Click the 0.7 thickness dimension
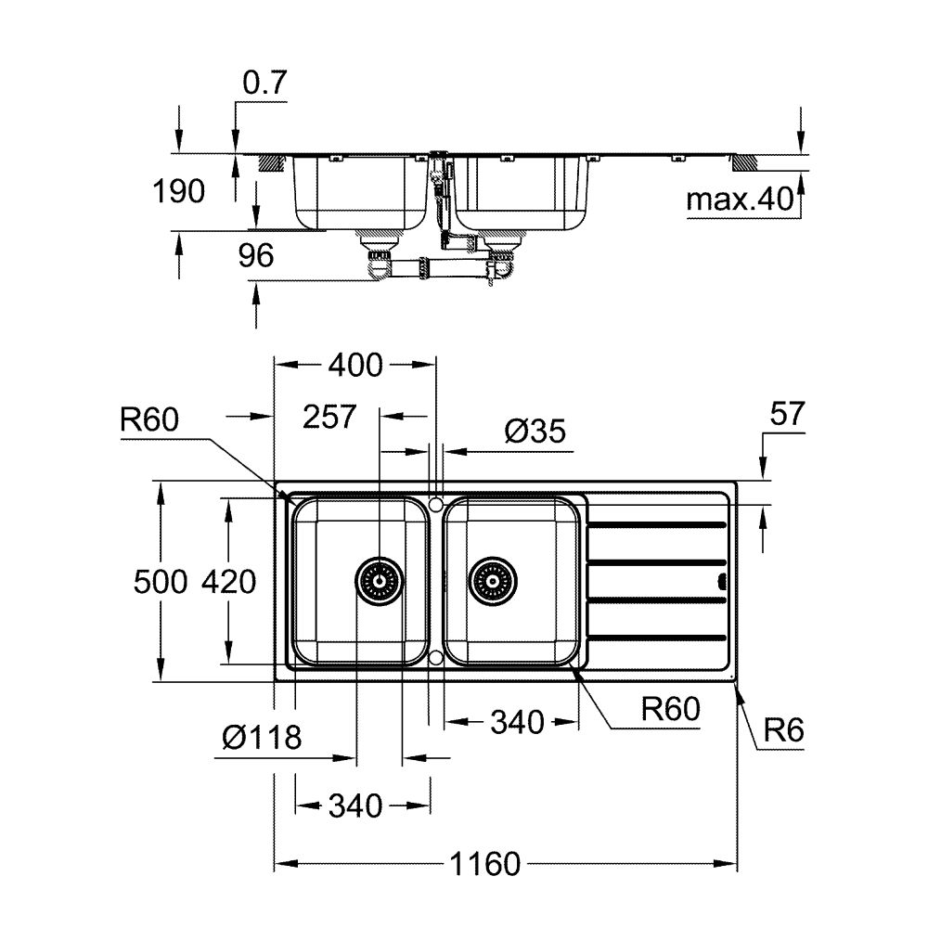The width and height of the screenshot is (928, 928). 264,84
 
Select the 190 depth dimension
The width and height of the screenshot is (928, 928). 178,192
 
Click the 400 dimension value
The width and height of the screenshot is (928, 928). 354,366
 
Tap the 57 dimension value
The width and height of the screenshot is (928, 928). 787,415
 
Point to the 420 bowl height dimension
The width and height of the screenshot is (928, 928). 227,582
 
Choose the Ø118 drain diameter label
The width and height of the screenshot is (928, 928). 263,739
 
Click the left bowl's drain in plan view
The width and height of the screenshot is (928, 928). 380,582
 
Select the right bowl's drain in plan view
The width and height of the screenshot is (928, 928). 491,582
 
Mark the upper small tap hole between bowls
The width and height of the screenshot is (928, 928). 435,504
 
